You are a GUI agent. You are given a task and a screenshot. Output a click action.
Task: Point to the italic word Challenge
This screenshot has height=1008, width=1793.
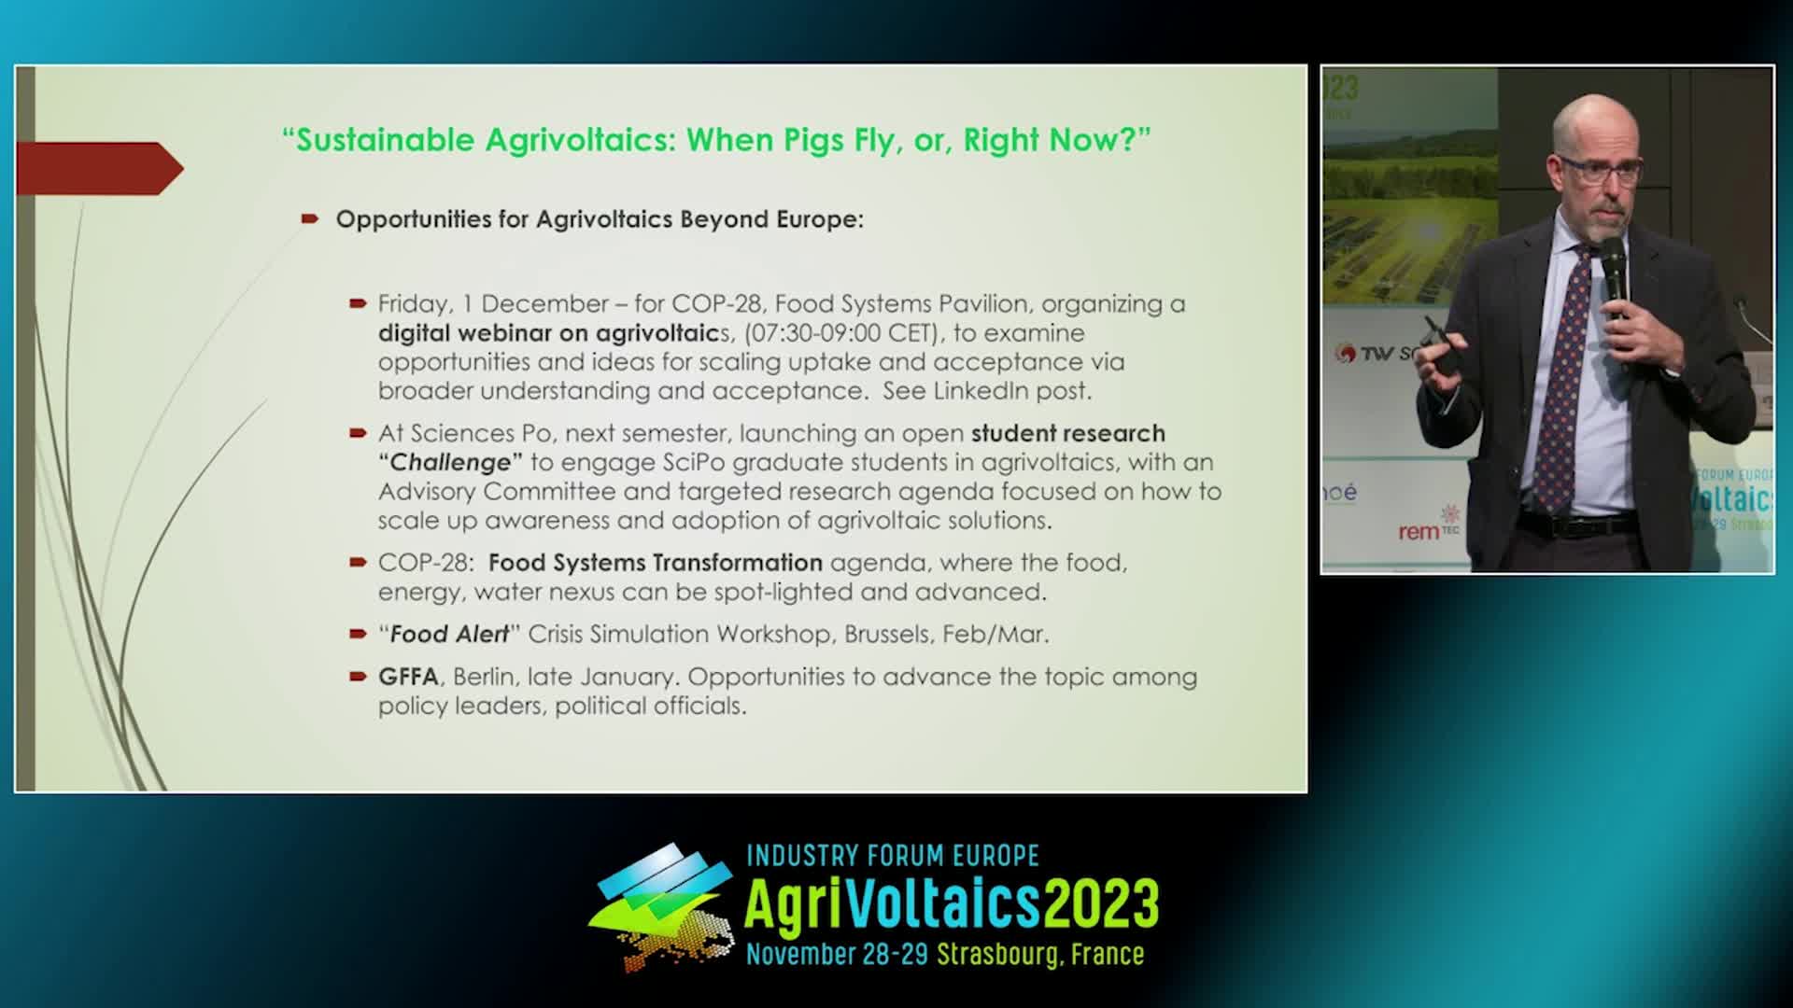coord(450,463)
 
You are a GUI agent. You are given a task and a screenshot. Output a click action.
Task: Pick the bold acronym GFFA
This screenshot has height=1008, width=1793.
coord(408,677)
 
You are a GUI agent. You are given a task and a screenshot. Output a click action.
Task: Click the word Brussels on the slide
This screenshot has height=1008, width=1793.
coord(887,635)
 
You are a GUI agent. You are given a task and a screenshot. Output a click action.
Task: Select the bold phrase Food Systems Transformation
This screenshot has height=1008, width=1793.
coord(656,563)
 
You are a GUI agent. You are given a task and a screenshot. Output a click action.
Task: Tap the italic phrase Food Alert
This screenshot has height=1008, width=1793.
coord(449,635)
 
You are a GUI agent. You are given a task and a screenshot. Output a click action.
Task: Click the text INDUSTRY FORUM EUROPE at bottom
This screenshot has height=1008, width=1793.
coord(893,856)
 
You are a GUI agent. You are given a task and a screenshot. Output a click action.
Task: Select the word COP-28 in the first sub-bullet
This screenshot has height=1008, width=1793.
coord(717,304)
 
